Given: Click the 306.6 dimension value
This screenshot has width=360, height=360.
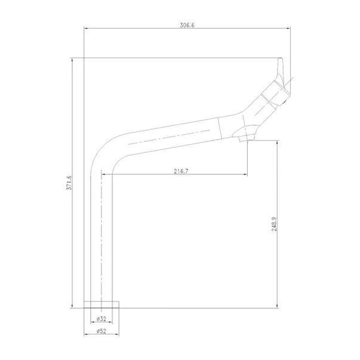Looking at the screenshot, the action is [x=187, y=25].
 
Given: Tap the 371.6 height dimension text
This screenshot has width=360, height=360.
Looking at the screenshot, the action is [x=69, y=183].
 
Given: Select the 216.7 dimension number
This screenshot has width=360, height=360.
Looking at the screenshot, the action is [x=181, y=171].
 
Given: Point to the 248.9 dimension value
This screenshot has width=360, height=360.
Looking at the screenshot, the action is [x=275, y=224].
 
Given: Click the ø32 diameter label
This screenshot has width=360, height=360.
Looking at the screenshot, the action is [x=101, y=319].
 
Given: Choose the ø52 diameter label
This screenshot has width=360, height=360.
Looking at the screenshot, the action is [x=101, y=331].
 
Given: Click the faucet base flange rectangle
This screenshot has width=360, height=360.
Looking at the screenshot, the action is [x=101, y=304].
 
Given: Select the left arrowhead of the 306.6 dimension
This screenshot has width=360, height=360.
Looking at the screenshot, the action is [x=86, y=29].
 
